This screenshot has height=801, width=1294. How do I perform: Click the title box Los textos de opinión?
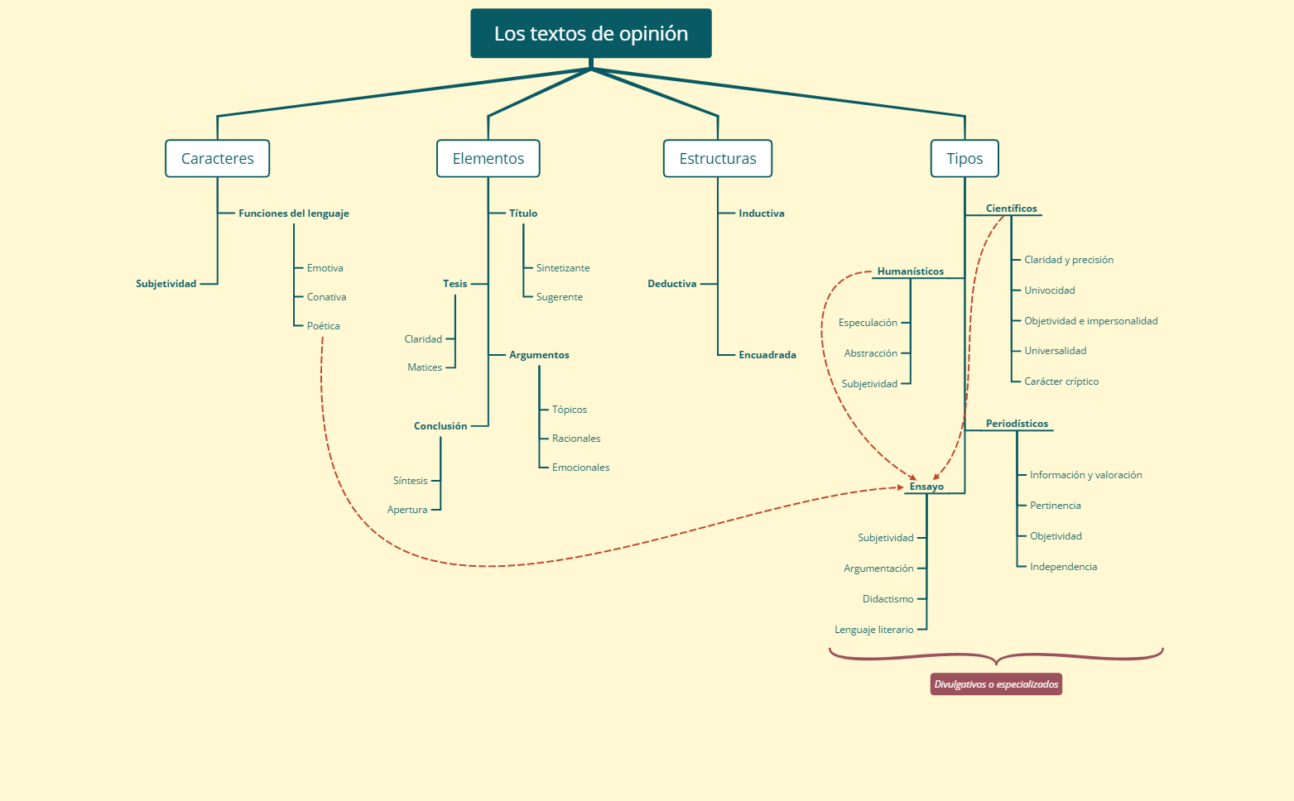click(590, 34)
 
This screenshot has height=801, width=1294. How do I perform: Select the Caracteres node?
click(217, 159)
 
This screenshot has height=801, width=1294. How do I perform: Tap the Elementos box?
click(488, 159)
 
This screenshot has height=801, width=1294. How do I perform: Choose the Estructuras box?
click(717, 159)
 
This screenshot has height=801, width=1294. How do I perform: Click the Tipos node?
click(964, 159)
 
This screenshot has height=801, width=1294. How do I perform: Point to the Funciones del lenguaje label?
click(293, 213)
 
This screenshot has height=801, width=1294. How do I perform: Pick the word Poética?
click(323, 326)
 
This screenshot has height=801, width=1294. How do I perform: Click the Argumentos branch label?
click(539, 355)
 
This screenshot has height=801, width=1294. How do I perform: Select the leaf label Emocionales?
click(580, 468)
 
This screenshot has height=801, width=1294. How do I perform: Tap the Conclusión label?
click(440, 426)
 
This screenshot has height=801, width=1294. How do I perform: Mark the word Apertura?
click(407, 510)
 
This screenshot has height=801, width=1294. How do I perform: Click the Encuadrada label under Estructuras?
click(767, 355)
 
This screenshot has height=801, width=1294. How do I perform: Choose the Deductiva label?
click(671, 284)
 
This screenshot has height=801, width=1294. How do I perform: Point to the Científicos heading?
click(1011, 209)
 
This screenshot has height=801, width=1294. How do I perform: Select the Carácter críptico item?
click(1061, 381)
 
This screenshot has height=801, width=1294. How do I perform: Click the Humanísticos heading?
click(910, 271)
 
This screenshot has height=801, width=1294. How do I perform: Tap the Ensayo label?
click(926, 487)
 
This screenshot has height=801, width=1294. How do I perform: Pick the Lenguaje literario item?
click(873, 630)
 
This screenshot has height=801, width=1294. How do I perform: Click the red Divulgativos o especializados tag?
click(996, 684)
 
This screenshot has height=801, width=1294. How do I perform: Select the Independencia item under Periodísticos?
click(1063, 567)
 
